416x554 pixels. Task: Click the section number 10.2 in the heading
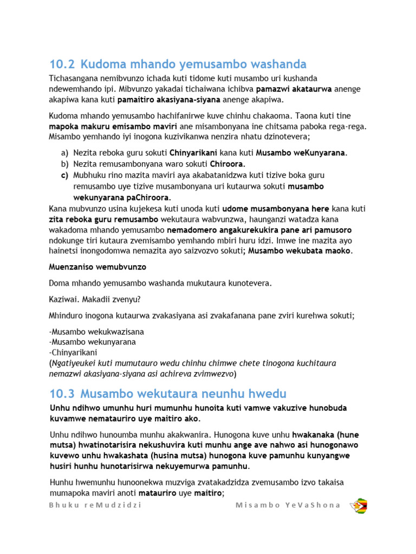(x=61, y=64)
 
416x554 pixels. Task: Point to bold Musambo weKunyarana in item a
(x=300, y=153)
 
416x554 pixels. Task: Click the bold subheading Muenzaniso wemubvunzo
(x=97, y=267)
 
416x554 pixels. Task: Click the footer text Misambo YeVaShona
(x=288, y=505)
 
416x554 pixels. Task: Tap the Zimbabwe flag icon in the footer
(x=360, y=505)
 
